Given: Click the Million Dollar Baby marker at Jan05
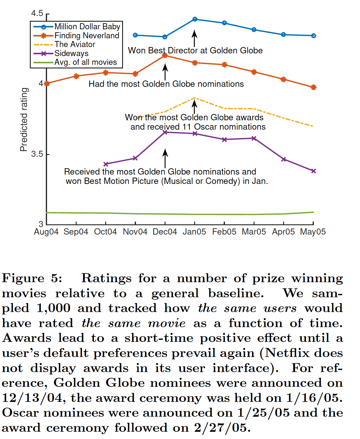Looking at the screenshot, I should pos(195,19).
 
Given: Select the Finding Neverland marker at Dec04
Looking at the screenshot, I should pos(165,55).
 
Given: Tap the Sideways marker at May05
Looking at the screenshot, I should pos(314,171).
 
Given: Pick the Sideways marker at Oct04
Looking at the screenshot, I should pos(106,164).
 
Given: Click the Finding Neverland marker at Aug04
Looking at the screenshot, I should pos(47,84).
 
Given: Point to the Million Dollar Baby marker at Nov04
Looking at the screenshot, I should pos(135,35).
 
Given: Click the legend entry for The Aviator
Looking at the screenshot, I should pos(75,44).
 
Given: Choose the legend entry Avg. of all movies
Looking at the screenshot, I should pos(85,62).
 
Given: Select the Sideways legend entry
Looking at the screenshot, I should pos(71,53).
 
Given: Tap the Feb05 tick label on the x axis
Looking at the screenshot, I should pos(224,232).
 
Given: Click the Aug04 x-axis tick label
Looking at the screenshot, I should pos(46,232).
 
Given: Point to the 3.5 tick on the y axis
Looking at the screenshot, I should pos(37,154).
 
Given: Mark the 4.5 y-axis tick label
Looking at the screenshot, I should pos(37,13).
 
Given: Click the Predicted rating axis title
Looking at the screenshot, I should pos(24,119).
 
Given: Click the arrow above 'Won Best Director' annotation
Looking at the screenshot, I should pos(195,38).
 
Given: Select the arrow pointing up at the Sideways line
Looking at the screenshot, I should pos(165,158).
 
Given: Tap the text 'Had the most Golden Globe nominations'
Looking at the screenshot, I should pos(166,84).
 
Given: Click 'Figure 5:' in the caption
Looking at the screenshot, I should pos(32,278).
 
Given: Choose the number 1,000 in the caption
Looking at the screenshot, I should pos(53,308).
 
